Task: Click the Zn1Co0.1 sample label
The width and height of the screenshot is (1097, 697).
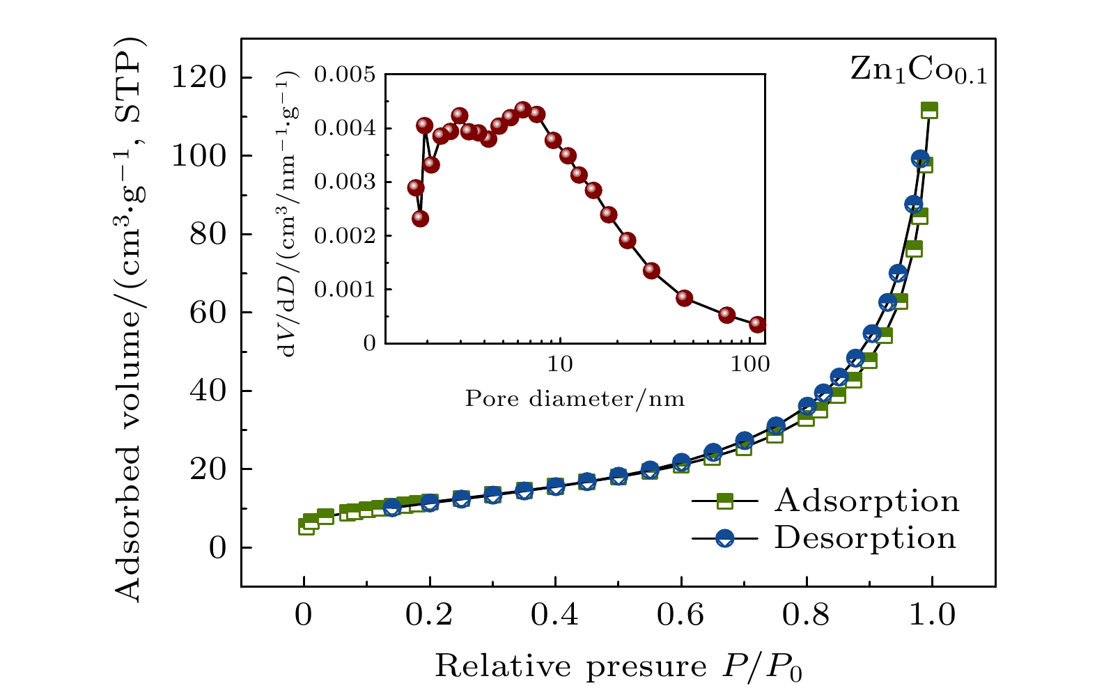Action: pyautogui.click(x=918, y=71)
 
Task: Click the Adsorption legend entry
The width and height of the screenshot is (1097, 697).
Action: pyautogui.click(x=866, y=501)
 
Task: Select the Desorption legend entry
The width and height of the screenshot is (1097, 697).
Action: pyautogui.click(x=864, y=538)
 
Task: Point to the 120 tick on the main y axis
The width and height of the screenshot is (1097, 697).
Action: pyautogui.click(x=208, y=77)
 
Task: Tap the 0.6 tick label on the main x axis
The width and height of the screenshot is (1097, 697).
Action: pyautogui.click(x=680, y=616)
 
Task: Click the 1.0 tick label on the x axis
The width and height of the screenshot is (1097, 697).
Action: pyautogui.click(x=931, y=616)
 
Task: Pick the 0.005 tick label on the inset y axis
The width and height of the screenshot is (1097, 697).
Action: pyautogui.click(x=344, y=75)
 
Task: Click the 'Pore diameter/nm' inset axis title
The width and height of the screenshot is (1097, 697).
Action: pyautogui.click(x=575, y=399)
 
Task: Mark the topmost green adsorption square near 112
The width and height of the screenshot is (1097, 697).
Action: pyautogui.click(x=929, y=110)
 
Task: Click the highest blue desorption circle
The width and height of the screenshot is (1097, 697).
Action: pyautogui.click(x=920, y=159)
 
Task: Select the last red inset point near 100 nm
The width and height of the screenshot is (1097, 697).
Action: pyautogui.click(x=757, y=324)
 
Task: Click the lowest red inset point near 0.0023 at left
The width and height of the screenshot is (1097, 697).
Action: pyautogui.click(x=420, y=219)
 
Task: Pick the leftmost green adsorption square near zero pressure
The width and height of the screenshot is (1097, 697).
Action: pyautogui.click(x=306, y=526)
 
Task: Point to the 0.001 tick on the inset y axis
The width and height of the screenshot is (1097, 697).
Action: pyautogui.click(x=344, y=290)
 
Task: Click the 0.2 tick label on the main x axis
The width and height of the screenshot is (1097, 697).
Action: pyautogui.click(x=429, y=616)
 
